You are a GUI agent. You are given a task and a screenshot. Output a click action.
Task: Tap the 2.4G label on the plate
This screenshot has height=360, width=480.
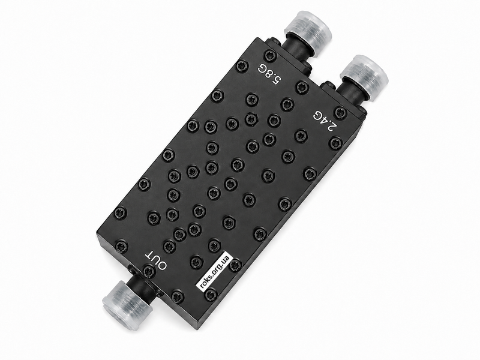coord(325,121)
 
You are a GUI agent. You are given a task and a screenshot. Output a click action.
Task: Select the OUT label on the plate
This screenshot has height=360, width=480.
coord(156,261)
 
